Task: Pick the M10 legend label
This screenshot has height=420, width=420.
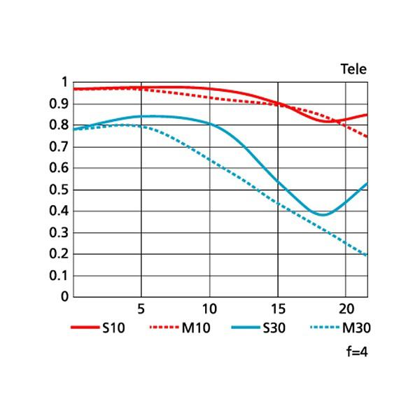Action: [x=195, y=327]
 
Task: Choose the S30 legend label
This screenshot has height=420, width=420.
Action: [x=274, y=327]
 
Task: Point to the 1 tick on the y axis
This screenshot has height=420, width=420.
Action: [x=65, y=82]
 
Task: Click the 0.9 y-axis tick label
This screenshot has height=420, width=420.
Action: [x=59, y=104]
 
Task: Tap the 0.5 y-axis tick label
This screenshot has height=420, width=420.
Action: [x=59, y=190]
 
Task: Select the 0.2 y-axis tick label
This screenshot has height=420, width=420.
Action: [x=59, y=254]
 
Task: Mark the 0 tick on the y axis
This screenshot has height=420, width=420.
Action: [x=65, y=297]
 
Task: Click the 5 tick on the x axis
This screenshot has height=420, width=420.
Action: [x=141, y=308]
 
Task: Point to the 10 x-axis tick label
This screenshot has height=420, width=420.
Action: [x=209, y=308]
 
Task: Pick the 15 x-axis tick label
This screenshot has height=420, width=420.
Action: [x=278, y=308]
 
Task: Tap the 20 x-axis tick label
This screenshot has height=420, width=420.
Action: [x=346, y=308]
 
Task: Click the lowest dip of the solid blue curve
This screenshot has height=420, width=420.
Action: [x=322, y=214]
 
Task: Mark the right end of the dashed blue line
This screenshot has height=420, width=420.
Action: [x=367, y=255]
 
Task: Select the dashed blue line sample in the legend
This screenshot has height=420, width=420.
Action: [x=324, y=327]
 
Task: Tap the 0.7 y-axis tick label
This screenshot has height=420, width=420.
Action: [x=59, y=147]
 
